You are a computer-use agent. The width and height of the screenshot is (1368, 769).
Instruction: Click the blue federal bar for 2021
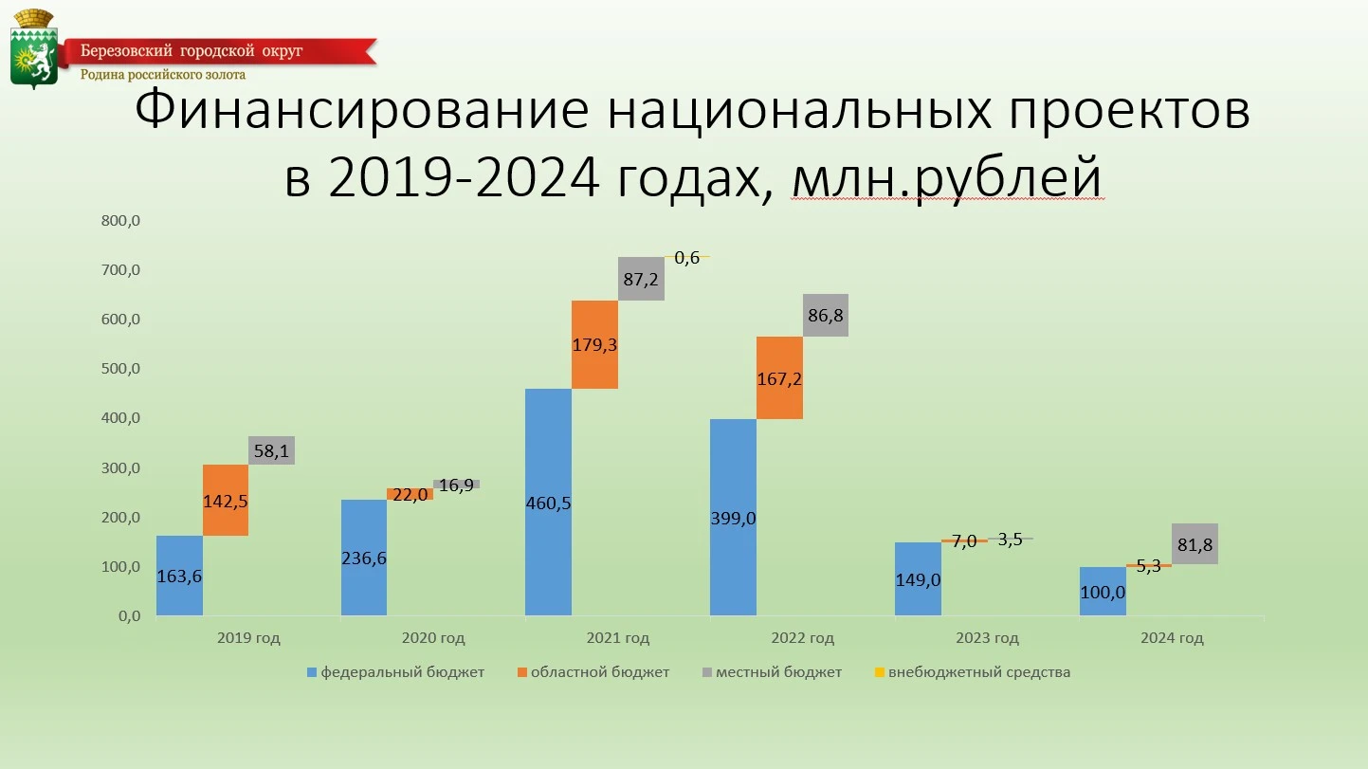(x=548, y=503)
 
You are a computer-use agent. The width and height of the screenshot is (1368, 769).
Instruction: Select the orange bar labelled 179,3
(x=594, y=344)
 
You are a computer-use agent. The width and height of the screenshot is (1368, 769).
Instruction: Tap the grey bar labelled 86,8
(x=825, y=315)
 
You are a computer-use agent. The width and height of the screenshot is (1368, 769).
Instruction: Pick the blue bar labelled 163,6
(x=179, y=576)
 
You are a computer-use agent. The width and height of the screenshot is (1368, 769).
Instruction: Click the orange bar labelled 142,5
(x=226, y=501)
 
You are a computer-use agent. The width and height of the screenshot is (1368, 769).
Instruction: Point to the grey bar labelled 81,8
(x=1195, y=543)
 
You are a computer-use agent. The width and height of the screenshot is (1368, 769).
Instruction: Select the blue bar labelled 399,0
(x=733, y=518)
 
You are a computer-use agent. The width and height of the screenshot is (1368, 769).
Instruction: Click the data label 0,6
(x=687, y=258)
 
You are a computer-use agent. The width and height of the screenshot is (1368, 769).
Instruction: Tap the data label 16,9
(x=456, y=485)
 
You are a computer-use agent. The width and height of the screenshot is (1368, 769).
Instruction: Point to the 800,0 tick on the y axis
(x=120, y=221)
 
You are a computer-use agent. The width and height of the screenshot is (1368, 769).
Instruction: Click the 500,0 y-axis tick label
(x=120, y=368)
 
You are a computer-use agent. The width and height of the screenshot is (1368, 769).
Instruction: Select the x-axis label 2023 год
(x=987, y=638)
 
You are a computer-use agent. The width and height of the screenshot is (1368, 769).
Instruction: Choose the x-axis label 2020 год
(x=433, y=638)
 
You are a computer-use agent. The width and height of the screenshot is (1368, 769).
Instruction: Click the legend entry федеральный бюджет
(x=395, y=672)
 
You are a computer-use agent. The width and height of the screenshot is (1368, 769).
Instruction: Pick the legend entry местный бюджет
(x=772, y=672)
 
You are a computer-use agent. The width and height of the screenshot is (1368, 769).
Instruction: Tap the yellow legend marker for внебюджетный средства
(x=880, y=672)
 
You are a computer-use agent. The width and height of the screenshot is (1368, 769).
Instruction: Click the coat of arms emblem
(x=33, y=49)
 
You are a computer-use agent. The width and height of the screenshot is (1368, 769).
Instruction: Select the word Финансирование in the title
(x=361, y=111)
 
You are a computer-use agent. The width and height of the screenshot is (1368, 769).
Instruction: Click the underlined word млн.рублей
(x=947, y=177)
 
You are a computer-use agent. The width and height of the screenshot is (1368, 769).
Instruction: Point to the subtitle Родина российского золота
(x=163, y=75)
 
